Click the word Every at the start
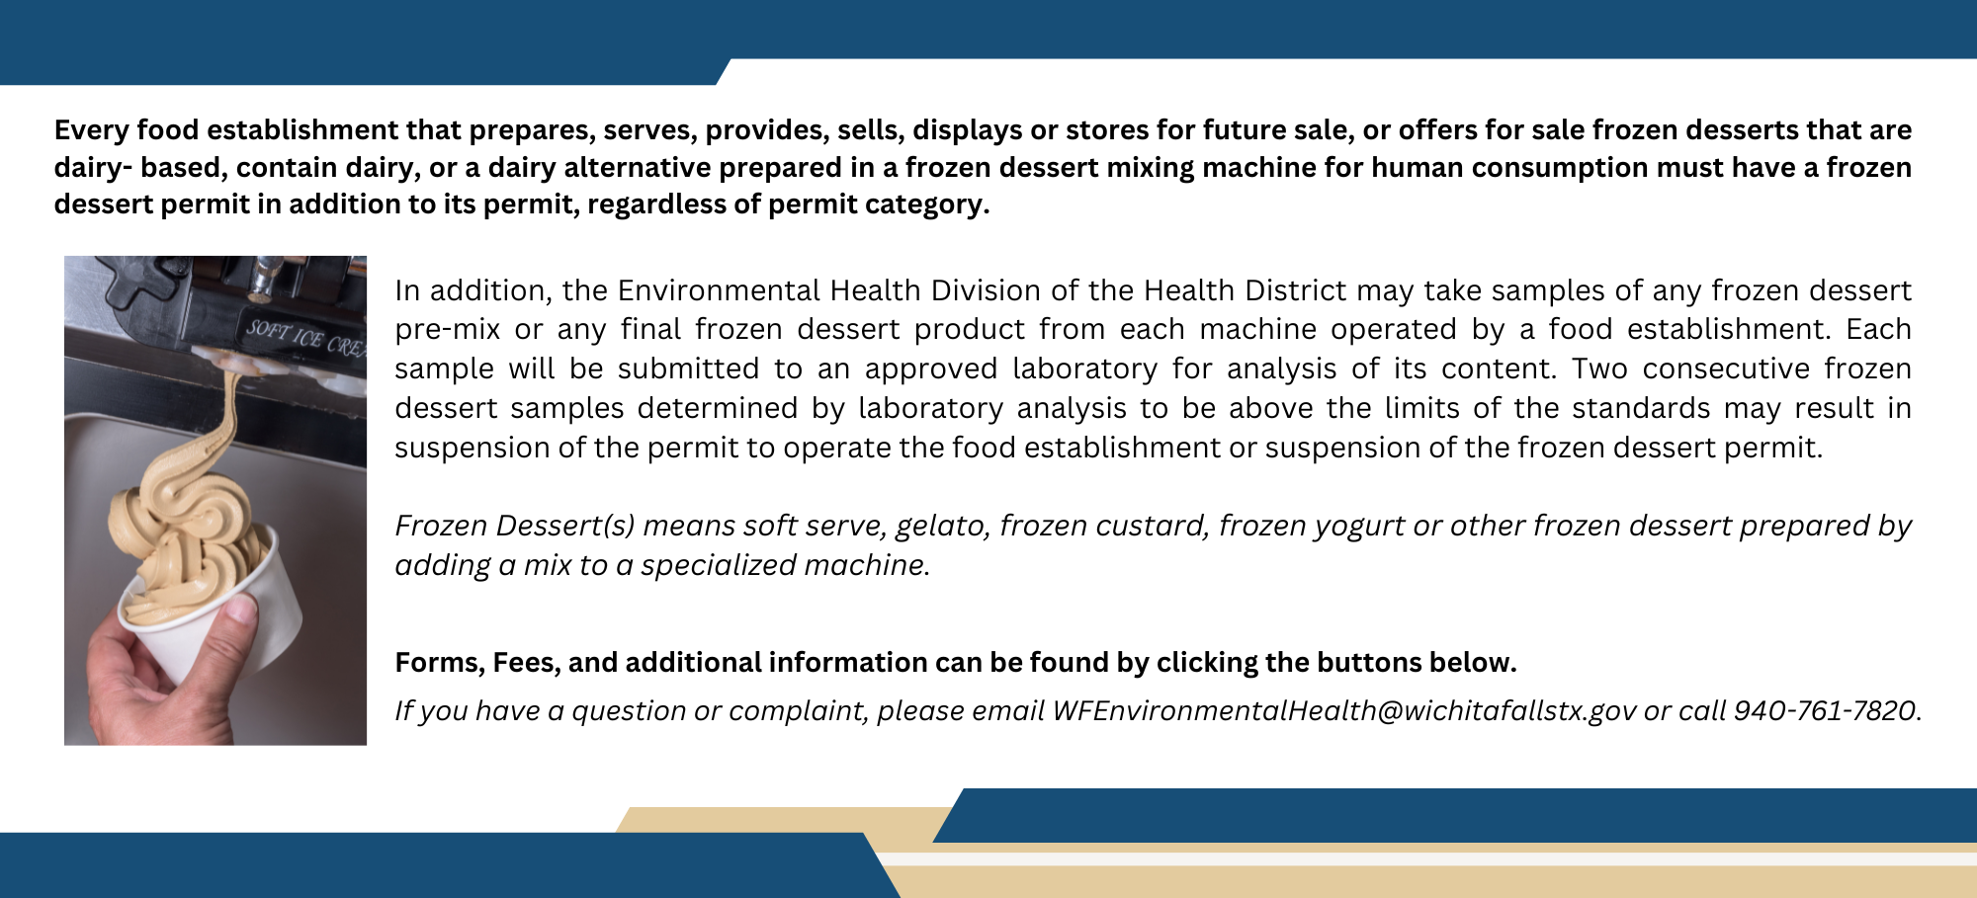(91, 131)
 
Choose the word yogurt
(1359, 527)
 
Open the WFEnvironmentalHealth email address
(1344, 711)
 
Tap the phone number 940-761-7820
(1825, 711)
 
